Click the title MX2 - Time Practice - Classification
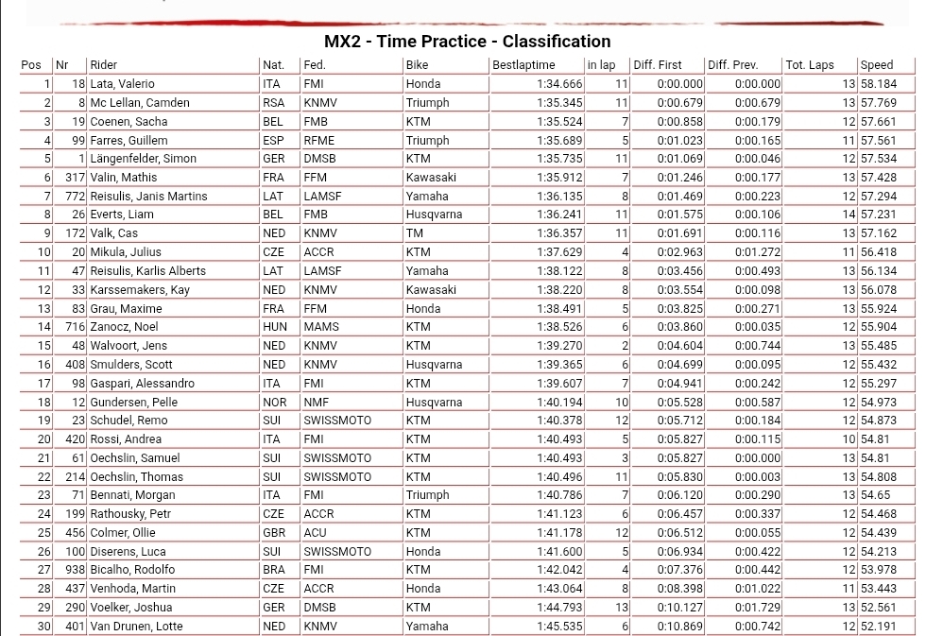point(467,42)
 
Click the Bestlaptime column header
point(523,65)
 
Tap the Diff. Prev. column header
point(733,65)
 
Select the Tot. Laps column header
point(810,65)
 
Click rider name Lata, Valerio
point(122,84)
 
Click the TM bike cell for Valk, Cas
point(415,233)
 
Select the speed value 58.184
point(878,84)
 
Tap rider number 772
point(76,197)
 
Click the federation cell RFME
point(318,140)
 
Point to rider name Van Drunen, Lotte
point(138,627)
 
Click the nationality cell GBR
point(273,533)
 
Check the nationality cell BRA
point(273,570)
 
